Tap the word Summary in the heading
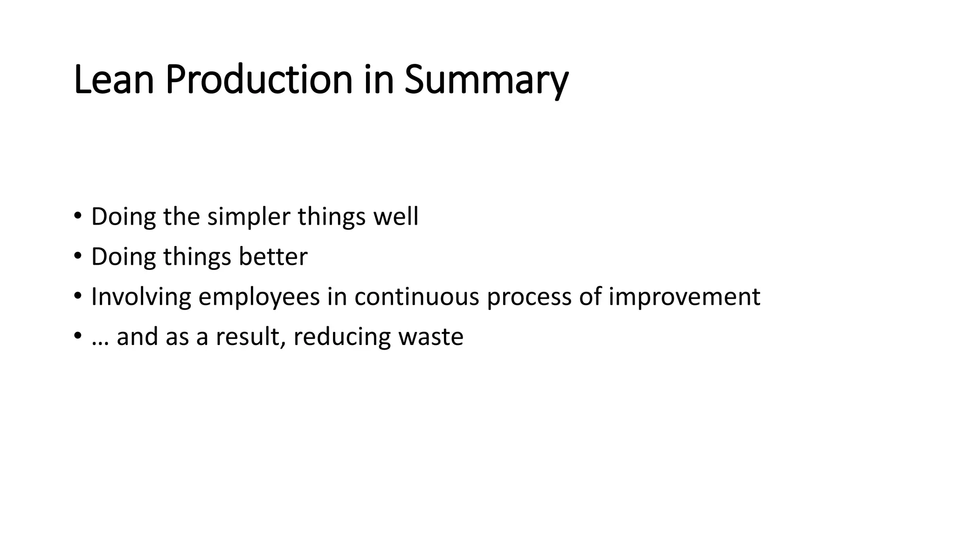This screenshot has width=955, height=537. click(x=486, y=80)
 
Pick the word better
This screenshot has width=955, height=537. click(x=273, y=257)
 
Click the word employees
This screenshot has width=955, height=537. click(x=259, y=297)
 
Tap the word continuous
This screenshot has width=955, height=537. click(x=416, y=297)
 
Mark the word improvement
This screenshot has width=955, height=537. click(x=684, y=297)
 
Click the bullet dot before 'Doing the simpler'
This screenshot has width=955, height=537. click(x=77, y=217)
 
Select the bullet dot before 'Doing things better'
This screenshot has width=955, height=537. click(x=77, y=257)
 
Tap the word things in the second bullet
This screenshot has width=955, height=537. click(x=197, y=258)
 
